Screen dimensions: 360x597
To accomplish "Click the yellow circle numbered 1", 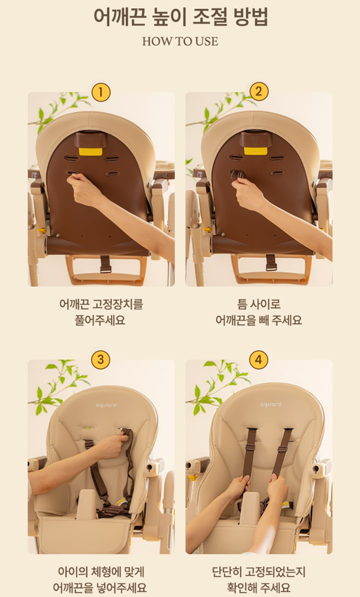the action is (x=101, y=92).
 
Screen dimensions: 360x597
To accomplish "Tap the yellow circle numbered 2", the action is (x=259, y=92).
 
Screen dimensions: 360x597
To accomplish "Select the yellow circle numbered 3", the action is (x=101, y=360).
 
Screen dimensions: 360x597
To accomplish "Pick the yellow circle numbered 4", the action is (x=259, y=360).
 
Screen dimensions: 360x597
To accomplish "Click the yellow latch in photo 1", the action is (x=91, y=151).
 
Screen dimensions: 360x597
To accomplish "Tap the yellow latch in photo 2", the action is (x=256, y=151).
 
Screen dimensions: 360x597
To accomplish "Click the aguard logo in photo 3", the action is (x=106, y=405).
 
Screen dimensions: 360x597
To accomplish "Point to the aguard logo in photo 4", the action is (x=271, y=404).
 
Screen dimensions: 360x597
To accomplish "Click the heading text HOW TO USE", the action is (x=180, y=41).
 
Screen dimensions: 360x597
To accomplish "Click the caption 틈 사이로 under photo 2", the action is (x=259, y=304).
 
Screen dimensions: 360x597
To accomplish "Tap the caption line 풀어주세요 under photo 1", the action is (x=100, y=320).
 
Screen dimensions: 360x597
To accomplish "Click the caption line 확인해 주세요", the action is (x=259, y=587).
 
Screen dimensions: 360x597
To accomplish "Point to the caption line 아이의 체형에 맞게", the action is (x=101, y=571).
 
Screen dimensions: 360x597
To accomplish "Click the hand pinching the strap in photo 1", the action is (x=84, y=189).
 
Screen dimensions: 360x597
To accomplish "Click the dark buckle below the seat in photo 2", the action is (x=271, y=263).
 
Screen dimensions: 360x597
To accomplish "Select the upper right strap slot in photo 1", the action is (x=112, y=158).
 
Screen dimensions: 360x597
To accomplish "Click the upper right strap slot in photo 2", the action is (x=277, y=158).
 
